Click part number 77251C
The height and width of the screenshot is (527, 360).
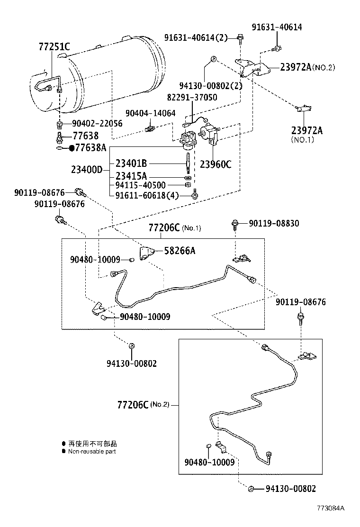coord(54,46)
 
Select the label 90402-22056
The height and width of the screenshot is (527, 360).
coord(97,124)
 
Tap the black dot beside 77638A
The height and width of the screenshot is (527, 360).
coord(72,148)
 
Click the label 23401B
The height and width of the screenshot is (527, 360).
coord(131,164)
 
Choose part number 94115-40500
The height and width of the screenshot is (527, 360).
coord(141,185)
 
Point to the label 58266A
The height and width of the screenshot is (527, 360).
coord(180,251)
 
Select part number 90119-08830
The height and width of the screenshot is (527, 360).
coord(275,223)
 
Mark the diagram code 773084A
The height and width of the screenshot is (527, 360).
coord(331,508)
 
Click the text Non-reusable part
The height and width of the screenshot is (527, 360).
coord(92,452)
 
